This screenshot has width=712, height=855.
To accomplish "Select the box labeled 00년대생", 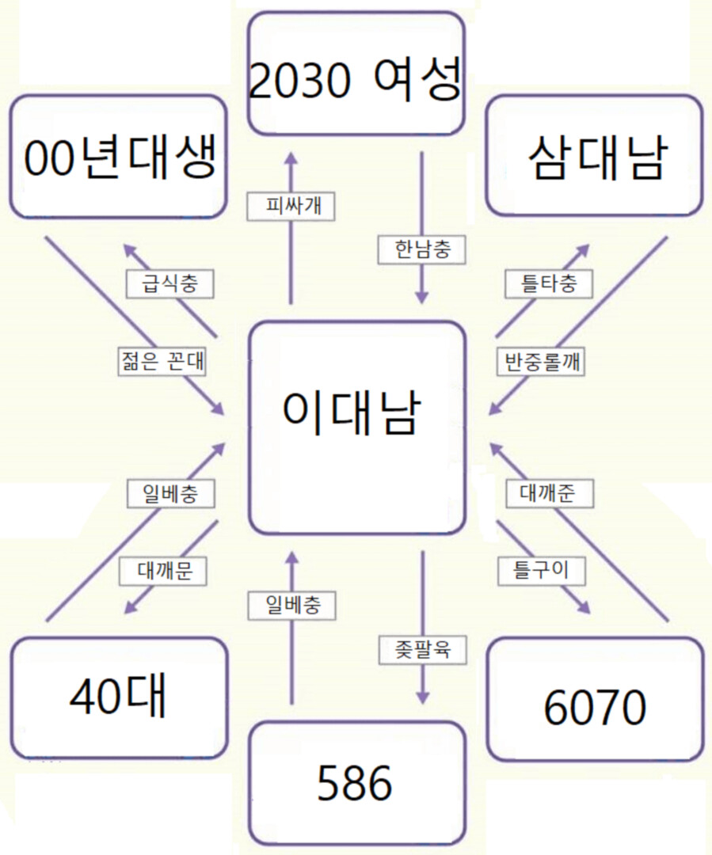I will pyautogui.click(x=118, y=157).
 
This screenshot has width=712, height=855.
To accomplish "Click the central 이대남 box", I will pyautogui.click(x=355, y=427).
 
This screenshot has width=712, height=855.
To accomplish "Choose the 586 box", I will pyautogui.click(x=355, y=784).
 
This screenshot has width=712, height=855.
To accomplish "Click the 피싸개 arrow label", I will pyautogui.click(x=291, y=206).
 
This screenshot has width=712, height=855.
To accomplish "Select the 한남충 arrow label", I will pyautogui.click(x=421, y=249).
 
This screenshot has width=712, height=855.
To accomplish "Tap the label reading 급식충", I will pyautogui.click(x=169, y=283).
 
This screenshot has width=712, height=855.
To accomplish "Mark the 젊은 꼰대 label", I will pyautogui.click(x=159, y=361).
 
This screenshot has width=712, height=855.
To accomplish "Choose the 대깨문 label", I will pyautogui.click(x=162, y=571).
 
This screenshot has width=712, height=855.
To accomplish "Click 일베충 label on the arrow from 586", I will pyautogui.click(x=291, y=606).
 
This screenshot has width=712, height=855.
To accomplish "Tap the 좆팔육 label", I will pyautogui.click(x=421, y=650).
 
